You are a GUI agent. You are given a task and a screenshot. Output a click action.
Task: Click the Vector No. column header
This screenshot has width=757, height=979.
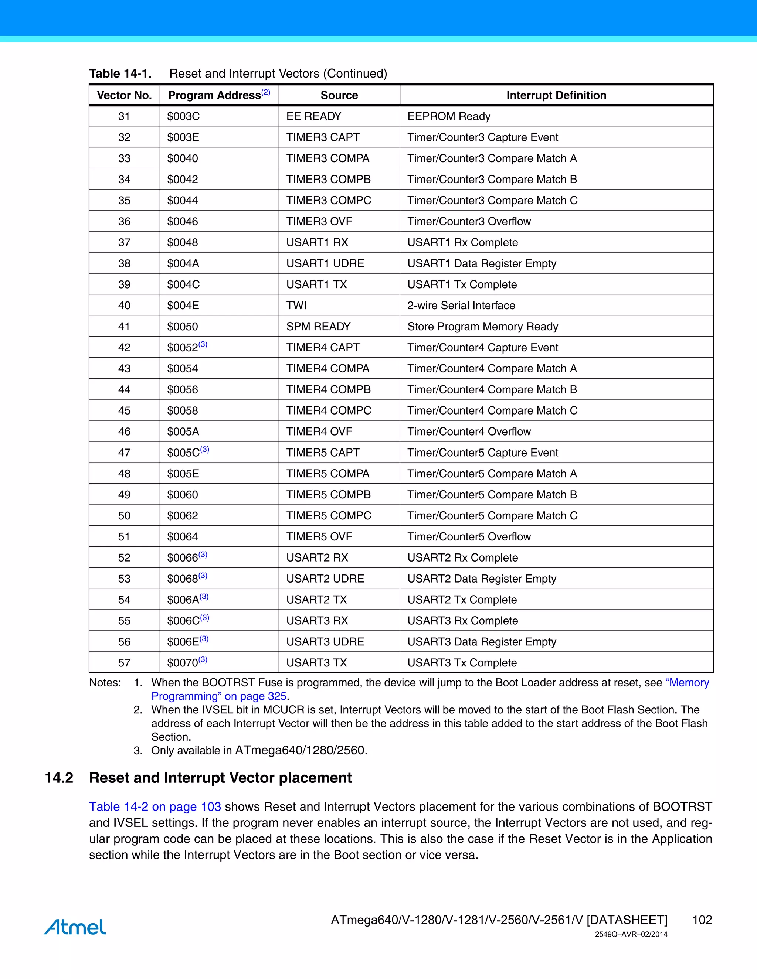point(124,95)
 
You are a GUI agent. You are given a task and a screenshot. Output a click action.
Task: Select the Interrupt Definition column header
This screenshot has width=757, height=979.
point(556,95)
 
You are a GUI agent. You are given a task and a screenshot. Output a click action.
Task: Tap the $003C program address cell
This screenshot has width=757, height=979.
point(183,116)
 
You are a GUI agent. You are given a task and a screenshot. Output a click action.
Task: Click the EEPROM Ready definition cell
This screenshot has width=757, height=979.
point(448,116)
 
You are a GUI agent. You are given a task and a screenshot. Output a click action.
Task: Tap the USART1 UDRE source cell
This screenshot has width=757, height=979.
point(325,263)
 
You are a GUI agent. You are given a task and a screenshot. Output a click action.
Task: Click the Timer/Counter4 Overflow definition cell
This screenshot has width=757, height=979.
point(469,431)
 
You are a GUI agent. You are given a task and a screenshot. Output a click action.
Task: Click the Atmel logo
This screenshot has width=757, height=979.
point(75,927)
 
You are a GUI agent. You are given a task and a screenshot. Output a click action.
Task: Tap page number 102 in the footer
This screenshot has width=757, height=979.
point(702,920)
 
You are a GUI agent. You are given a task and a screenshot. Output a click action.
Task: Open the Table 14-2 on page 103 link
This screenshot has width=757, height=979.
point(155,807)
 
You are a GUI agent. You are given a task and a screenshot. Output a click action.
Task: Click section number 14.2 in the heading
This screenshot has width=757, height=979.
point(59,778)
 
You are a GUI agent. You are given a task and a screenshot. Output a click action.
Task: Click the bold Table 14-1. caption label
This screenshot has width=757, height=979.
point(120,74)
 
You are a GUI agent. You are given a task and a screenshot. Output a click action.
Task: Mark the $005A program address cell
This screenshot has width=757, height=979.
point(183,431)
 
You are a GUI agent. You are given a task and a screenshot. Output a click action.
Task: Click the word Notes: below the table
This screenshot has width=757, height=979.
point(105,683)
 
